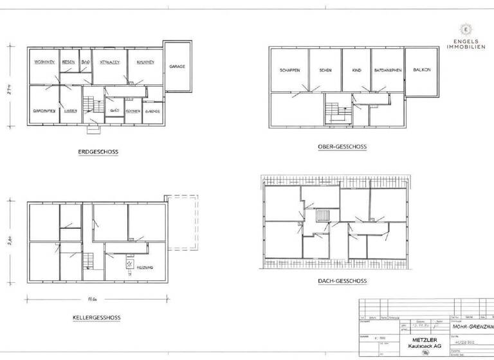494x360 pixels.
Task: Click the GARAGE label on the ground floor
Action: coord(178,67)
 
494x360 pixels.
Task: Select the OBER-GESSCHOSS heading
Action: coord(342,147)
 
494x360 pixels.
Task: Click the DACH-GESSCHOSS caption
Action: coord(342,282)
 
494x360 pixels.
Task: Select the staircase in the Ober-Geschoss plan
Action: coord(334,113)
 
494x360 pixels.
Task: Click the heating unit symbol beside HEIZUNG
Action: coord(129,264)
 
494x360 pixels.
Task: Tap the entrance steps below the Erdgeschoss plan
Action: coord(94,129)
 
